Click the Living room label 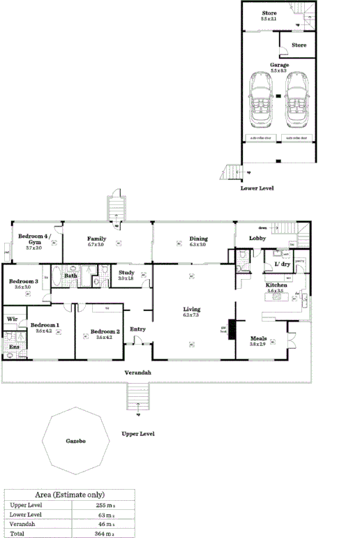192,309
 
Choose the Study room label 126,273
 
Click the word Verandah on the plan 137,373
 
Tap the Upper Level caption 137,434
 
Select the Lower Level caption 257,188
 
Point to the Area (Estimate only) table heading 68,494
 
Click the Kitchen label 276,285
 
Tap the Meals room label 259,339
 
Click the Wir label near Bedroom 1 12,319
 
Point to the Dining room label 198,239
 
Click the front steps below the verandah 139,398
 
